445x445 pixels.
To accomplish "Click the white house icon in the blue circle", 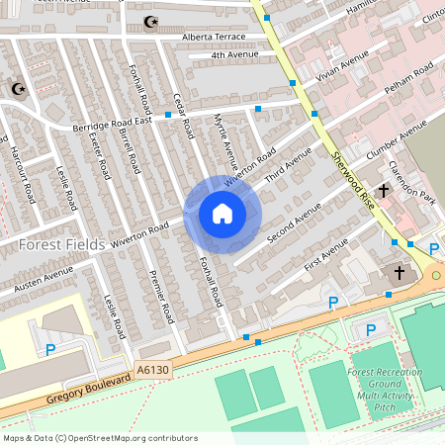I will [x=222, y=214].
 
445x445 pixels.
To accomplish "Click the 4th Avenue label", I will [x=234, y=55].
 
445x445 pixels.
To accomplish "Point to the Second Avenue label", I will [x=294, y=224].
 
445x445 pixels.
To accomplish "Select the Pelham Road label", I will [x=409, y=78].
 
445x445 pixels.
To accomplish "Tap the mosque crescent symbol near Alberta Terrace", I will [x=151, y=21].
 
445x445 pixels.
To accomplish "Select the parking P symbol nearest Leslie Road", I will [x=50, y=348].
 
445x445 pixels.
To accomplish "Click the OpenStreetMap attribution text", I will [x=100, y=437].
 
